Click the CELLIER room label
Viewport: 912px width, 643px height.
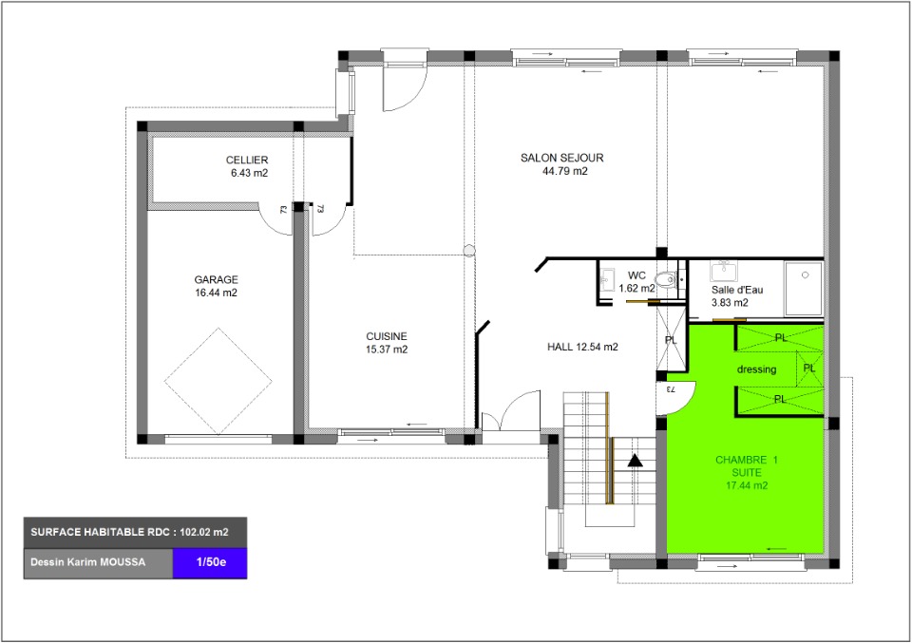tap(247, 160)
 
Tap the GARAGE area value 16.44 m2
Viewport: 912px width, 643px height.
tap(217, 293)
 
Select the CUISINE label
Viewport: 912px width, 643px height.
tap(387, 336)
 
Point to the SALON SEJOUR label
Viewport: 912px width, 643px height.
tap(561, 158)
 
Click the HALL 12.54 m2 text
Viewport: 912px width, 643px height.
tap(582, 347)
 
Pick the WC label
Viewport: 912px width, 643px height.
tap(636, 275)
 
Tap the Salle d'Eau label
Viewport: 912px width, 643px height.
tap(737, 290)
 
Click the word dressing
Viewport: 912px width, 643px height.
tap(757, 369)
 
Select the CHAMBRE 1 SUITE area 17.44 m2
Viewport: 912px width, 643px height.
tap(747, 485)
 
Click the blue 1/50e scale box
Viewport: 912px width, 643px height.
tap(210, 563)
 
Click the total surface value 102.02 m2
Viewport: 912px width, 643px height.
tap(204, 532)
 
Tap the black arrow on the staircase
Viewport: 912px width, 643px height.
tap(635, 461)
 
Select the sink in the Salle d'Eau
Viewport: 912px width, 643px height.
tap(724, 272)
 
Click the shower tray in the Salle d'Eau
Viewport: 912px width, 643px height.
tap(804, 289)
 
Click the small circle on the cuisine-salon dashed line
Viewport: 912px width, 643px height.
tap(469, 251)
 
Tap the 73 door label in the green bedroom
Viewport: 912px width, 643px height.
tap(670, 389)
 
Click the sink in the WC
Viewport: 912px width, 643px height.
tap(607, 279)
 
